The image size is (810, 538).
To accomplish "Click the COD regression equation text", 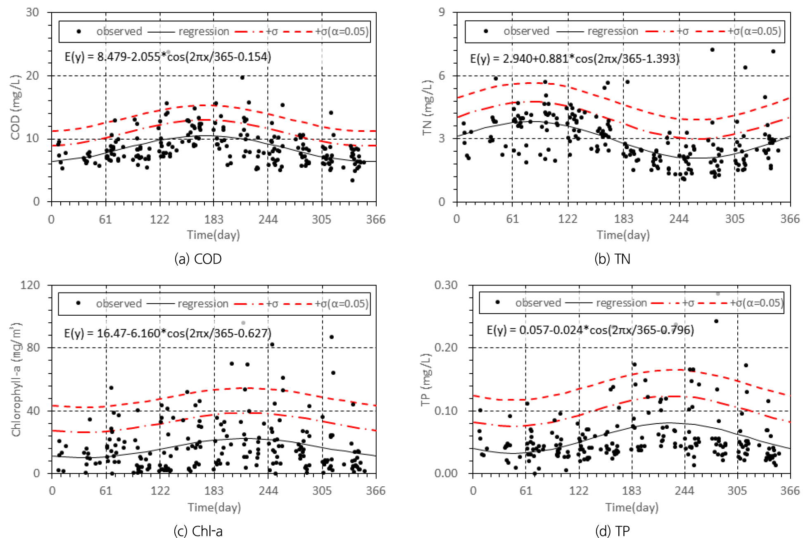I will (168, 57).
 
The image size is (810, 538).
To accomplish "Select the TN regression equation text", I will (575, 59).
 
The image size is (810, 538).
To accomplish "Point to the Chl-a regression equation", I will (168, 333).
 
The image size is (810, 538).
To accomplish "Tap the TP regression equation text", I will (590, 330).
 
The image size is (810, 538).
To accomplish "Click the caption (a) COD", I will (198, 259).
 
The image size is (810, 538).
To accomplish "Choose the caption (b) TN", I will (612, 259).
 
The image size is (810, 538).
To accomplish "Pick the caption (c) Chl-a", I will (198, 531).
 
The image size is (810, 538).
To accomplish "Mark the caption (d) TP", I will (612, 531).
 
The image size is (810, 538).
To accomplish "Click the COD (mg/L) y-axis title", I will (15, 107).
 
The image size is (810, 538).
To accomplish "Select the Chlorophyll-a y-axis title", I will (16, 379).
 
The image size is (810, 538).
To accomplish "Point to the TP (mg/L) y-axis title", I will (426, 379).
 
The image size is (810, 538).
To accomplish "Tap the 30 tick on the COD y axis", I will (33, 12).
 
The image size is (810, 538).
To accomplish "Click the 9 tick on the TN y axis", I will (442, 12).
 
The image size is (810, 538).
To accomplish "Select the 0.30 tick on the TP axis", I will (446, 285).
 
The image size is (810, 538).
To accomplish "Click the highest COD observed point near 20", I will (242, 78).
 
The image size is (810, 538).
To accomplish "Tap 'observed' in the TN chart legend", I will (526, 31).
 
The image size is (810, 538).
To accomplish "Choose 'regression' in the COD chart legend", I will (204, 32).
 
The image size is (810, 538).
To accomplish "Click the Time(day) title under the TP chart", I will (632, 507).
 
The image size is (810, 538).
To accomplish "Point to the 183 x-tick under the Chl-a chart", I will (214, 491).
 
